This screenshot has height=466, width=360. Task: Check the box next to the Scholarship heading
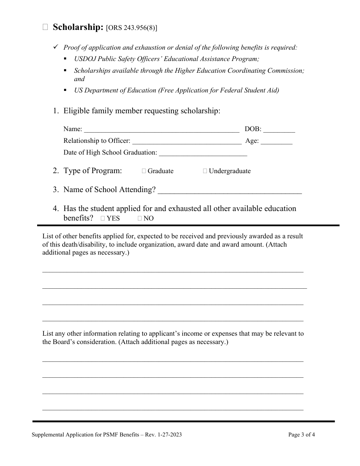(x=45, y=27)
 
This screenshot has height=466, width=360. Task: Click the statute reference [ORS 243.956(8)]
(x=131, y=28)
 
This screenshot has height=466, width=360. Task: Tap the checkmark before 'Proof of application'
(x=55, y=47)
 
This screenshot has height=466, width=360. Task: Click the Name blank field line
(x=161, y=129)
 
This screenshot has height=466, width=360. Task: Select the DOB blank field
(x=279, y=129)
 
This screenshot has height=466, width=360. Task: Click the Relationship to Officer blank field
(x=186, y=141)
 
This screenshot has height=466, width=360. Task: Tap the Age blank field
(x=277, y=141)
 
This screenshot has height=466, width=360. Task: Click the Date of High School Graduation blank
(x=203, y=153)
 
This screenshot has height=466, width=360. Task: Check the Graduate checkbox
(x=144, y=171)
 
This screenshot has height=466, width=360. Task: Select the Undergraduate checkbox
(x=205, y=171)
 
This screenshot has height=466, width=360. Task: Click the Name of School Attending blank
(x=230, y=190)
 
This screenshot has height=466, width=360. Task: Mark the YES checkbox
(x=103, y=219)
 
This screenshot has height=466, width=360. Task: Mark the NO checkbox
(x=140, y=219)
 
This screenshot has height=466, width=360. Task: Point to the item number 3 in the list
(x=56, y=190)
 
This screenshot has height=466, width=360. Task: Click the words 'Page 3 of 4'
(x=301, y=435)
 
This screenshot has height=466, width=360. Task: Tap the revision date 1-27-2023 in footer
(x=168, y=435)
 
